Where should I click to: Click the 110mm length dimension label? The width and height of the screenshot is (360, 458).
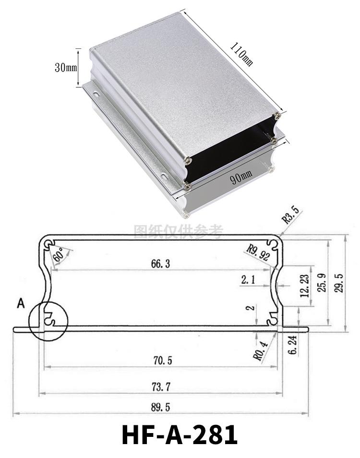[x=241, y=54]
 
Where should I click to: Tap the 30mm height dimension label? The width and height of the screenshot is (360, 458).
[x=66, y=68]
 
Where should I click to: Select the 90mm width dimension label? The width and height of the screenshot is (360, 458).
[x=241, y=177]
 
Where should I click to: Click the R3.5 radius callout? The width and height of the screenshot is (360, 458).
[x=291, y=215]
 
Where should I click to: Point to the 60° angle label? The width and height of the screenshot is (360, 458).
[x=58, y=255]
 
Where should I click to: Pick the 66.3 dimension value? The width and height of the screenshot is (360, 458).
[x=160, y=264]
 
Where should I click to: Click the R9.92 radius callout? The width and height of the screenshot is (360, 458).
[x=258, y=253]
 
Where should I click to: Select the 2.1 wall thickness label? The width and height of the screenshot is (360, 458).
[x=248, y=280]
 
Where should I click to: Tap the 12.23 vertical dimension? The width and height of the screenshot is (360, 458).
[x=305, y=286]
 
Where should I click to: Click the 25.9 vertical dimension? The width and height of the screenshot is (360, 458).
[x=322, y=283]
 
